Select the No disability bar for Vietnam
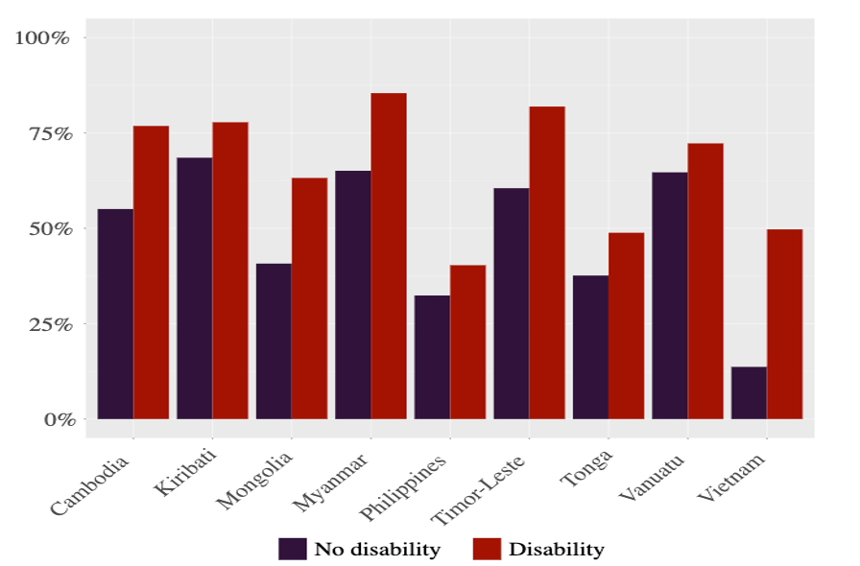click(749, 393)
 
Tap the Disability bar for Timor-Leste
click(547, 263)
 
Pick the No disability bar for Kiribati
click(195, 288)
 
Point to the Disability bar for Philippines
click(467, 342)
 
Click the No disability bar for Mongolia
click(274, 342)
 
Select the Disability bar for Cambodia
click(151, 272)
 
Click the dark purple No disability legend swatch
click(293, 549)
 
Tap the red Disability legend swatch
click(487, 549)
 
